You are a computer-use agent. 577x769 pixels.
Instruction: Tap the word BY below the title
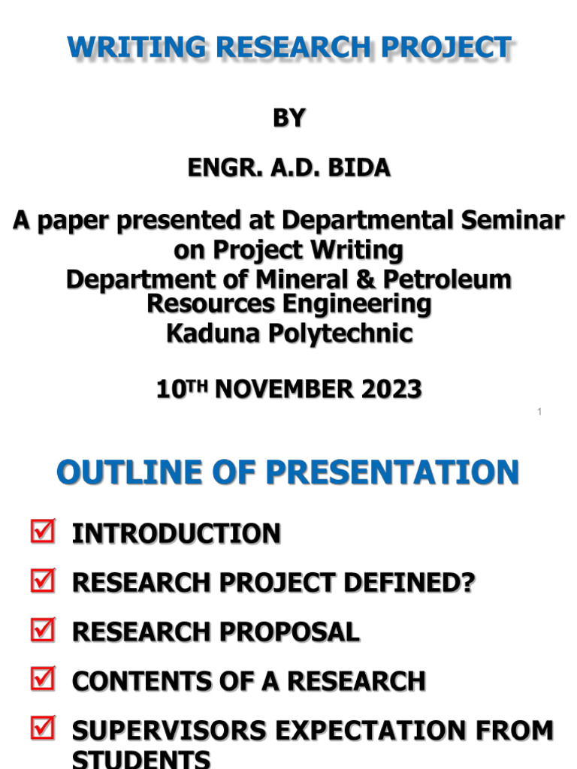(x=288, y=118)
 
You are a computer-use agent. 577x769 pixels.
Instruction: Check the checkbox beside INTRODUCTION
(x=42, y=533)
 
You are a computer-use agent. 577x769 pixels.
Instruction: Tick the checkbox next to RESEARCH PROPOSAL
(x=42, y=631)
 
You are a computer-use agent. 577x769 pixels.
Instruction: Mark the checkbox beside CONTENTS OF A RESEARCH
(x=42, y=680)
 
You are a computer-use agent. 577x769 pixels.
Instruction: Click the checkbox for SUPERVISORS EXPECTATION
(x=42, y=728)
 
